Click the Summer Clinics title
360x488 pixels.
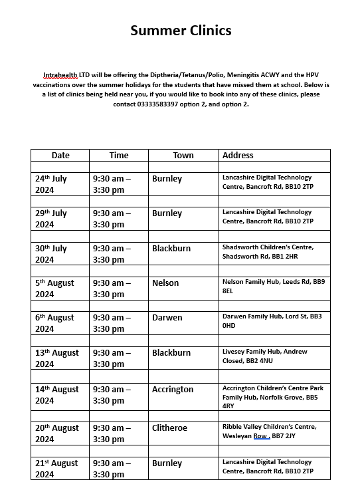click(x=181, y=30)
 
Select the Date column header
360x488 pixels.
click(x=60, y=155)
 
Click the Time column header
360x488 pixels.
click(x=119, y=155)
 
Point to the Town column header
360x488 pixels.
click(x=183, y=155)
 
